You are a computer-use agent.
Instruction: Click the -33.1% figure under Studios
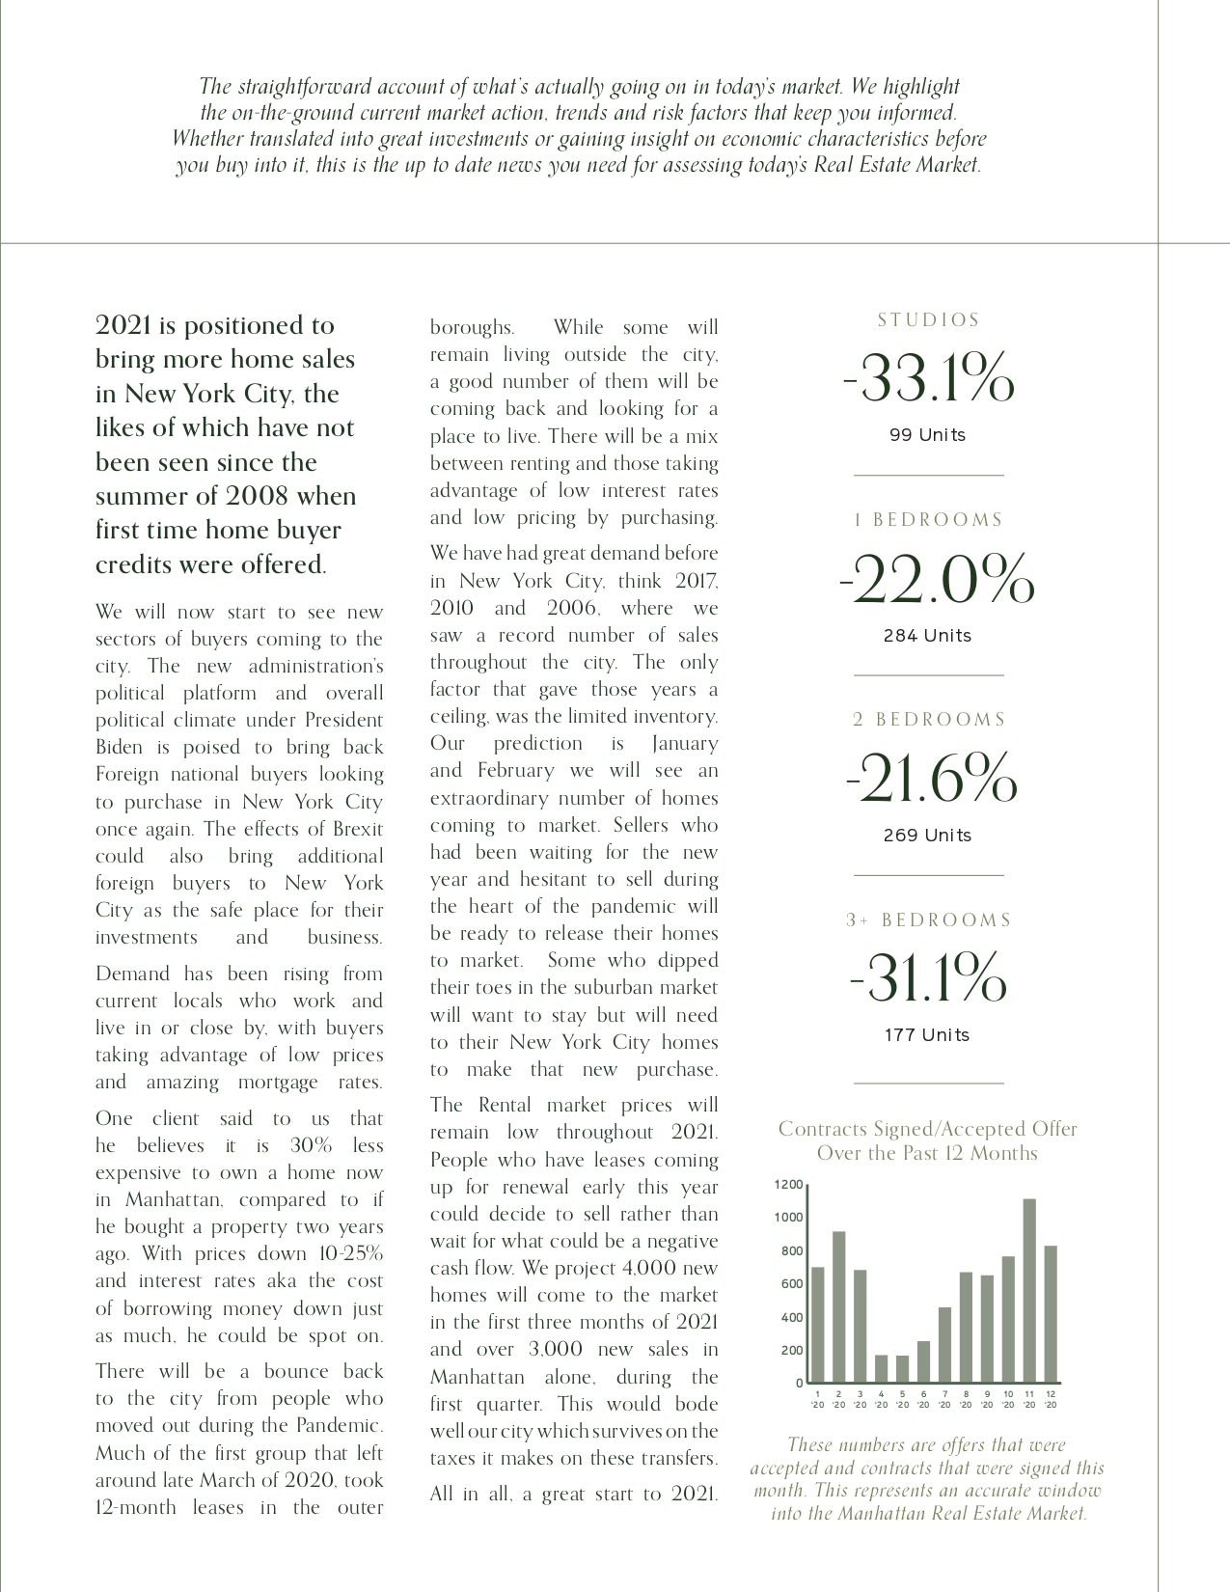click(928, 378)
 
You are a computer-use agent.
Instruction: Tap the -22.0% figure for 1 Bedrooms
click(937, 579)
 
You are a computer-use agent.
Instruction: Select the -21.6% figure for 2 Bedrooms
click(931, 779)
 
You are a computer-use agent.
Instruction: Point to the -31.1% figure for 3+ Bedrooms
click(927, 978)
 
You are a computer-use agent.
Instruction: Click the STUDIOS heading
click(928, 319)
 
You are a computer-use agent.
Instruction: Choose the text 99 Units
click(927, 435)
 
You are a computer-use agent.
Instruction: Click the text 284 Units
click(927, 636)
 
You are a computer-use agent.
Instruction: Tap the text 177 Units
click(927, 1035)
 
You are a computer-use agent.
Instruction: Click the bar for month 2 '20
click(838, 1306)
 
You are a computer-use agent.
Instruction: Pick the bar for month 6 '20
click(923, 1361)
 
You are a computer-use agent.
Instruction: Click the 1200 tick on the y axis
click(788, 1184)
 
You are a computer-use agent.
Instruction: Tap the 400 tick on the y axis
click(791, 1317)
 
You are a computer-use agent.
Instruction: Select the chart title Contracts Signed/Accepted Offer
click(927, 1129)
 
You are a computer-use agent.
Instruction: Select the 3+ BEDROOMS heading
click(928, 920)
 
